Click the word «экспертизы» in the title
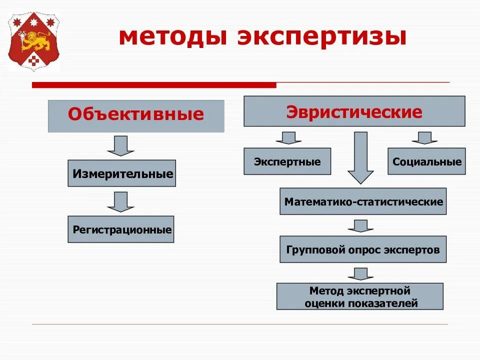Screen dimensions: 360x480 pyautogui.click(x=320, y=38)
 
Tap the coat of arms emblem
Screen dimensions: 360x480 pyautogui.click(x=33, y=42)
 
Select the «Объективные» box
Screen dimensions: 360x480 pyautogui.click(x=136, y=115)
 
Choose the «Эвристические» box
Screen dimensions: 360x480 pyautogui.click(x=354, y=111)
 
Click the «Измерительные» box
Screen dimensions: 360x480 pyautogui.click(x=122, y=173)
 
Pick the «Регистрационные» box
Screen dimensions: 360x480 pyautogui.click(x=121, y=229)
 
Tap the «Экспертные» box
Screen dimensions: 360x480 pyautogui.click(x=287, y=161)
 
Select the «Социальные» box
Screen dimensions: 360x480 pyautogui.click(x=426, y=161)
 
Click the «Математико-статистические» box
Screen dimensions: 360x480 pyautogui.click(x=363, y=201)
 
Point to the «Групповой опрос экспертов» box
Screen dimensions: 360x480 pyautogui.click(x=363, y=249)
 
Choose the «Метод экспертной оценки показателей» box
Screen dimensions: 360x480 pyautogui.click(x=360, y=296)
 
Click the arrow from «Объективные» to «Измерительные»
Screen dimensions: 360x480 pyautogui.click(x=121, y=145)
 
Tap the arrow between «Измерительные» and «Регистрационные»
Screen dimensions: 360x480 pyautogui.click(x=121, y=201)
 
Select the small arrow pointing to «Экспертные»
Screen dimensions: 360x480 pyautogui.click(x=288, y=138)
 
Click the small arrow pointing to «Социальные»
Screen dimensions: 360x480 pyautogui.click(x=424, y=138)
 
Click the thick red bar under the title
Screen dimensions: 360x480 pyautogui.click(x=153, y=85)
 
